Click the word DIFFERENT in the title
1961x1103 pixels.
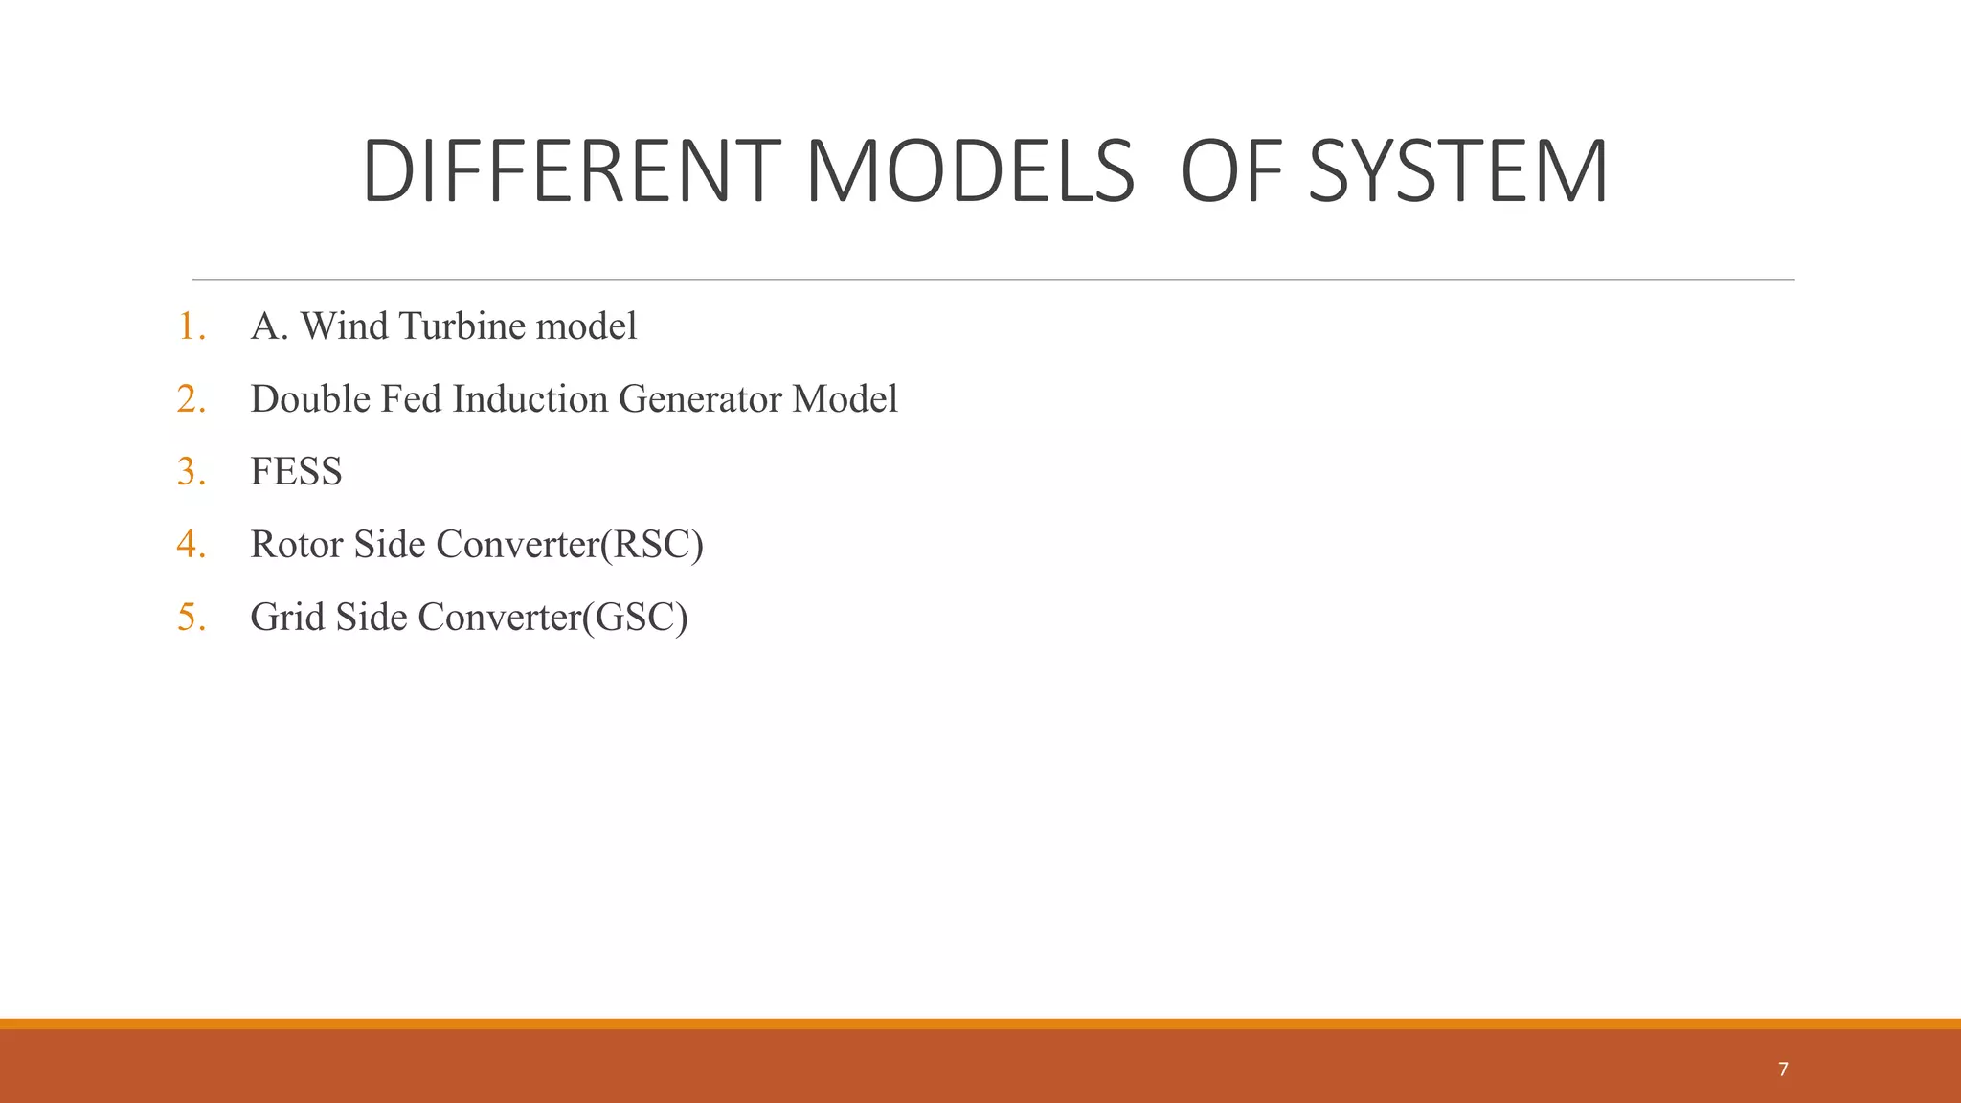point(571,171)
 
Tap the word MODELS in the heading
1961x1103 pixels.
point(969,171)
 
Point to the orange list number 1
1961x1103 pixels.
point(191,326)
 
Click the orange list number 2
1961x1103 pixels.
point(191,399)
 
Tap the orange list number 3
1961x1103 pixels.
point(191,472)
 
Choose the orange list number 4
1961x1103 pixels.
point(191,545)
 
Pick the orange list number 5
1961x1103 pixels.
point(191,618)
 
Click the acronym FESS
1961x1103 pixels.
point(296,472)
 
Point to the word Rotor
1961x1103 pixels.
point(296,545)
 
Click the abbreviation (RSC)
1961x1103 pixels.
point(652,545)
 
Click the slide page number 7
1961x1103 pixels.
point(1783,1069)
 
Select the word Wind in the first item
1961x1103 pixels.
point(344,326)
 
